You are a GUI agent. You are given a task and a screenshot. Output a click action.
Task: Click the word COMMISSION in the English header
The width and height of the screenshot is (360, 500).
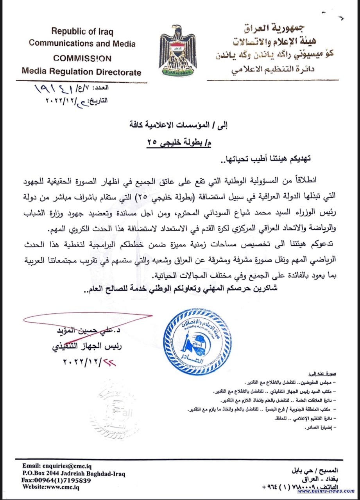[x=82, y=58]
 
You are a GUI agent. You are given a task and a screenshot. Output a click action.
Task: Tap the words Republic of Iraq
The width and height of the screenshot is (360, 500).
[x=82, y=31]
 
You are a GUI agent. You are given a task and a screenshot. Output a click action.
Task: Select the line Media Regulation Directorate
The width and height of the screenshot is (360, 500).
[x=81, y=72]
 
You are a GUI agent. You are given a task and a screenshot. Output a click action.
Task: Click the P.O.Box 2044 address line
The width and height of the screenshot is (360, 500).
[x=74, y=473]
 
